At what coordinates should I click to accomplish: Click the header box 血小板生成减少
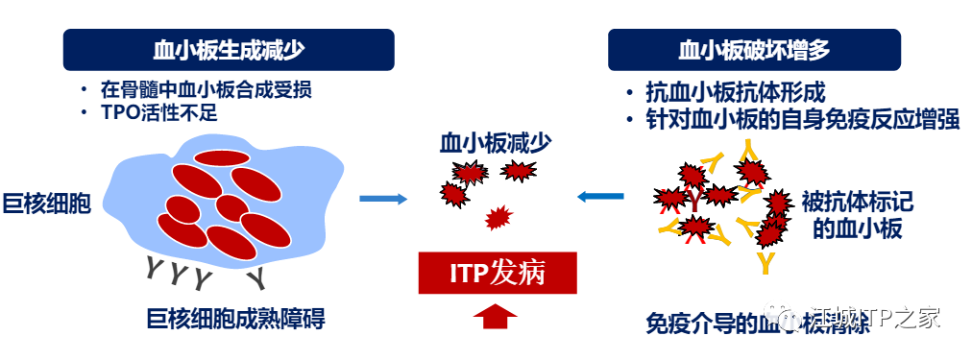[x=229, y=50]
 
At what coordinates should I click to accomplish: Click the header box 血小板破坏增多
[x=754, y=50]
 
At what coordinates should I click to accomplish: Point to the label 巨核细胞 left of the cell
[x=47, y=203]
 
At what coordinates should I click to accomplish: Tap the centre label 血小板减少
[x=496, y=143]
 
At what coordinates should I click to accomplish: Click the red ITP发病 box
[x=498, y=273]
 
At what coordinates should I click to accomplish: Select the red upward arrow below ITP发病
[x=497, y=316]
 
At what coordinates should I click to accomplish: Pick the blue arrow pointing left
[x=600, y=198]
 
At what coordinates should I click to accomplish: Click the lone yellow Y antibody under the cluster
[x=765, y=261]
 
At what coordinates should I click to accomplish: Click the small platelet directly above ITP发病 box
[x=498, y=219]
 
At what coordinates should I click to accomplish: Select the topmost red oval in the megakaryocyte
[x=223, y=156]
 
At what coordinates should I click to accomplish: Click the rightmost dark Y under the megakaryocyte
[x=255, y=277]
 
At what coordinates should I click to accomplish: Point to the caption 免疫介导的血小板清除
[x=759, y=324]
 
